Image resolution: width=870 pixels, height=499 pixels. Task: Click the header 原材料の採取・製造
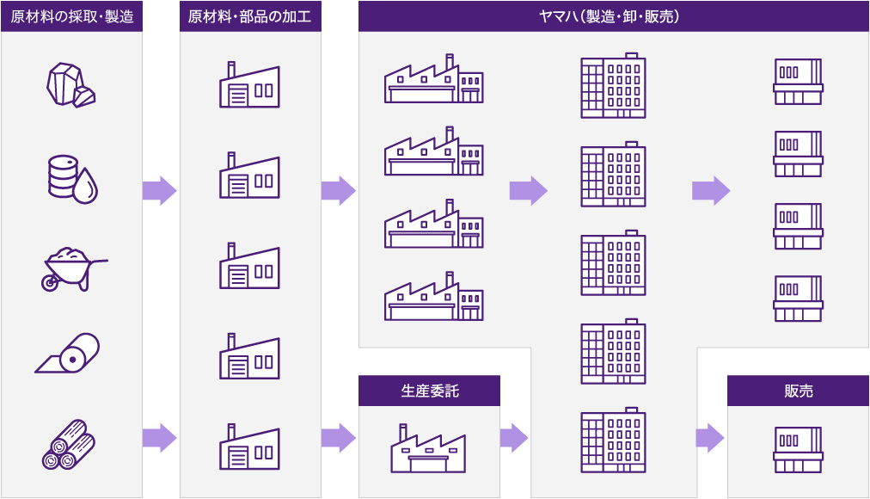click(x=71, y=16)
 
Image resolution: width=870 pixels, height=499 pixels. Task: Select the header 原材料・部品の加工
click(x=250, y=16)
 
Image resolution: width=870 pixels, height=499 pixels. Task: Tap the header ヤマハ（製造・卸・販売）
click(x=614, y=16)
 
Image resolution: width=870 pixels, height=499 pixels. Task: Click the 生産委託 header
click(x=430, y=391)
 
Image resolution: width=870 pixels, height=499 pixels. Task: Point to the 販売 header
click(x=798, y=391)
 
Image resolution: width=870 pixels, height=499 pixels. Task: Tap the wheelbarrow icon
click(x=73, y=268)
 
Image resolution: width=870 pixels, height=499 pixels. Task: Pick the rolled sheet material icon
click(x=69, y=354)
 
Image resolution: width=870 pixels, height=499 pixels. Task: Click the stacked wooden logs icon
click(x=69, y=444)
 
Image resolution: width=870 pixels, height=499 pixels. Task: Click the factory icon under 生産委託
click(x=430, y=447)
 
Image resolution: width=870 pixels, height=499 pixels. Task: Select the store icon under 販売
click(x=798, y=449)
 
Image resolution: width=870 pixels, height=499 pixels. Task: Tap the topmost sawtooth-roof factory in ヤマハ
click(x=433, y=80)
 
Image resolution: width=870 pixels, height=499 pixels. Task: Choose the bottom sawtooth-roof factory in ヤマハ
click(x=433, y=297)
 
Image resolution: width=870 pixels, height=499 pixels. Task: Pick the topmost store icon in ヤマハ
click(x=798, y=82)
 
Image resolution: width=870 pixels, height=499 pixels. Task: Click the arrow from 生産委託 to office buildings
click(x=514, y=437)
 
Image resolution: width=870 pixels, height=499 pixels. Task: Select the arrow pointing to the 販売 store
click(x=709, y=437)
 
